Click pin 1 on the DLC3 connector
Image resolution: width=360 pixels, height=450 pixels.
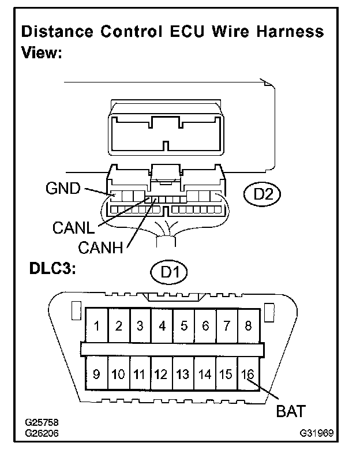[x=97, y=326]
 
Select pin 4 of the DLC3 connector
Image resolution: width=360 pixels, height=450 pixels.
[x=162, y=326]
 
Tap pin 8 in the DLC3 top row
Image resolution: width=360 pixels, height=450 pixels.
[x=248, y=326]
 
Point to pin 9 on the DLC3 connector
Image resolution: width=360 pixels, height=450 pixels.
[x=96, y=374]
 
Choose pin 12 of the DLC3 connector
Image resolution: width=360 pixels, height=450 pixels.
[x=162, y=374]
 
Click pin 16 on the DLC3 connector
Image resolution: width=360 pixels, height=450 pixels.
[x=248, y=374]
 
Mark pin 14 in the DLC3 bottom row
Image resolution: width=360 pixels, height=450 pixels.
[x=205, y=374]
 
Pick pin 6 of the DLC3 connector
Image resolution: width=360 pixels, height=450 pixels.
[x=205, y=326]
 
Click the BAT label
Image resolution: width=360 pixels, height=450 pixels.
[x=290, y=412]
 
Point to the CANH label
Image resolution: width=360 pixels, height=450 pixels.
[x=101, y=249]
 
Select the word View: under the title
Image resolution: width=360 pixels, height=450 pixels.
[x=42, y=53]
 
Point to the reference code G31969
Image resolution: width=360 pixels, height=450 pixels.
[x=318, y=432]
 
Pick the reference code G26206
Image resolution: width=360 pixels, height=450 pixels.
[x=42, y=432]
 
